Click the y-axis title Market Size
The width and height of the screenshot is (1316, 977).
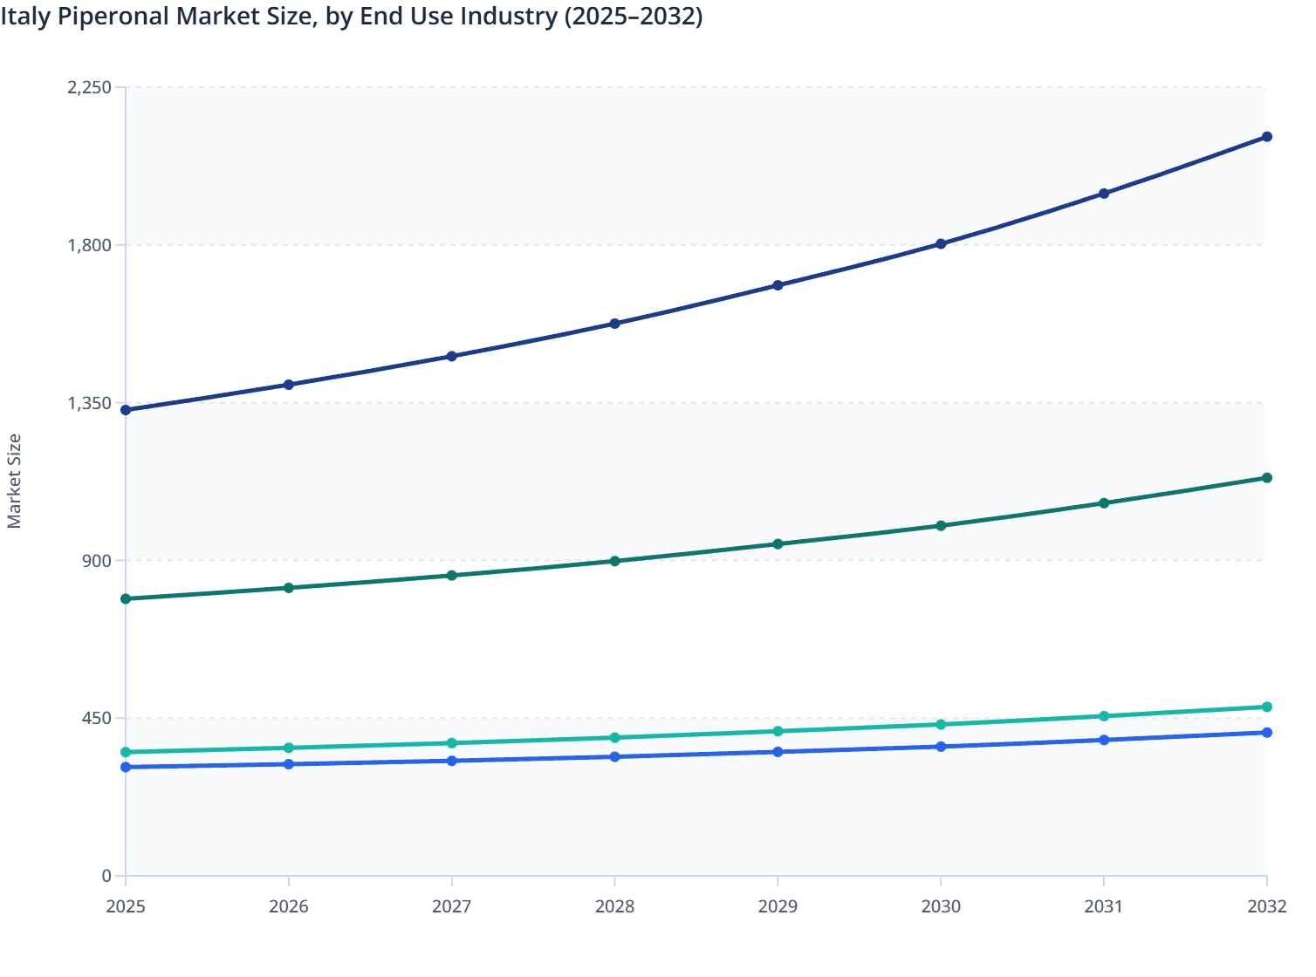coord(14,481)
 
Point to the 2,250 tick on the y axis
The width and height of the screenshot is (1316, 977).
coord(89,87)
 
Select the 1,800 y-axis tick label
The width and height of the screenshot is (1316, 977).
coord(89,245)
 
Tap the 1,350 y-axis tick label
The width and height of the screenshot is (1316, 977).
coord(89,403)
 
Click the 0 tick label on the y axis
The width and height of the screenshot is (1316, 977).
coord(106,876)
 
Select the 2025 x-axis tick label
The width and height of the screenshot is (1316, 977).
coord(126,906)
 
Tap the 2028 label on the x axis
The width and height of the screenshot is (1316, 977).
coord(614,906)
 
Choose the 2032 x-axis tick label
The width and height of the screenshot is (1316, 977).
coord(1267,906)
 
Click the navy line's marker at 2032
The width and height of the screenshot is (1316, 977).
coord(1267,137)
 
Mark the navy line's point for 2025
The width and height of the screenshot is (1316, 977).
coord(126,410)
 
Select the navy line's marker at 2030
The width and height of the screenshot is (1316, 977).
coord(941,244)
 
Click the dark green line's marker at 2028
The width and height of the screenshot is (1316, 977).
coord(614,561)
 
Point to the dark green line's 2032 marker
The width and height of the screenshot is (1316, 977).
coord(1267,478)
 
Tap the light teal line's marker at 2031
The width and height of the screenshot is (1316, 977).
coord(1104,716)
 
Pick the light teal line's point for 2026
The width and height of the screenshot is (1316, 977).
coord(289,748)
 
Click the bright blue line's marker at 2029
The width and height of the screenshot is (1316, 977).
coord(778,752)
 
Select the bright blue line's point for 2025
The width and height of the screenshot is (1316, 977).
coord(126,767)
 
